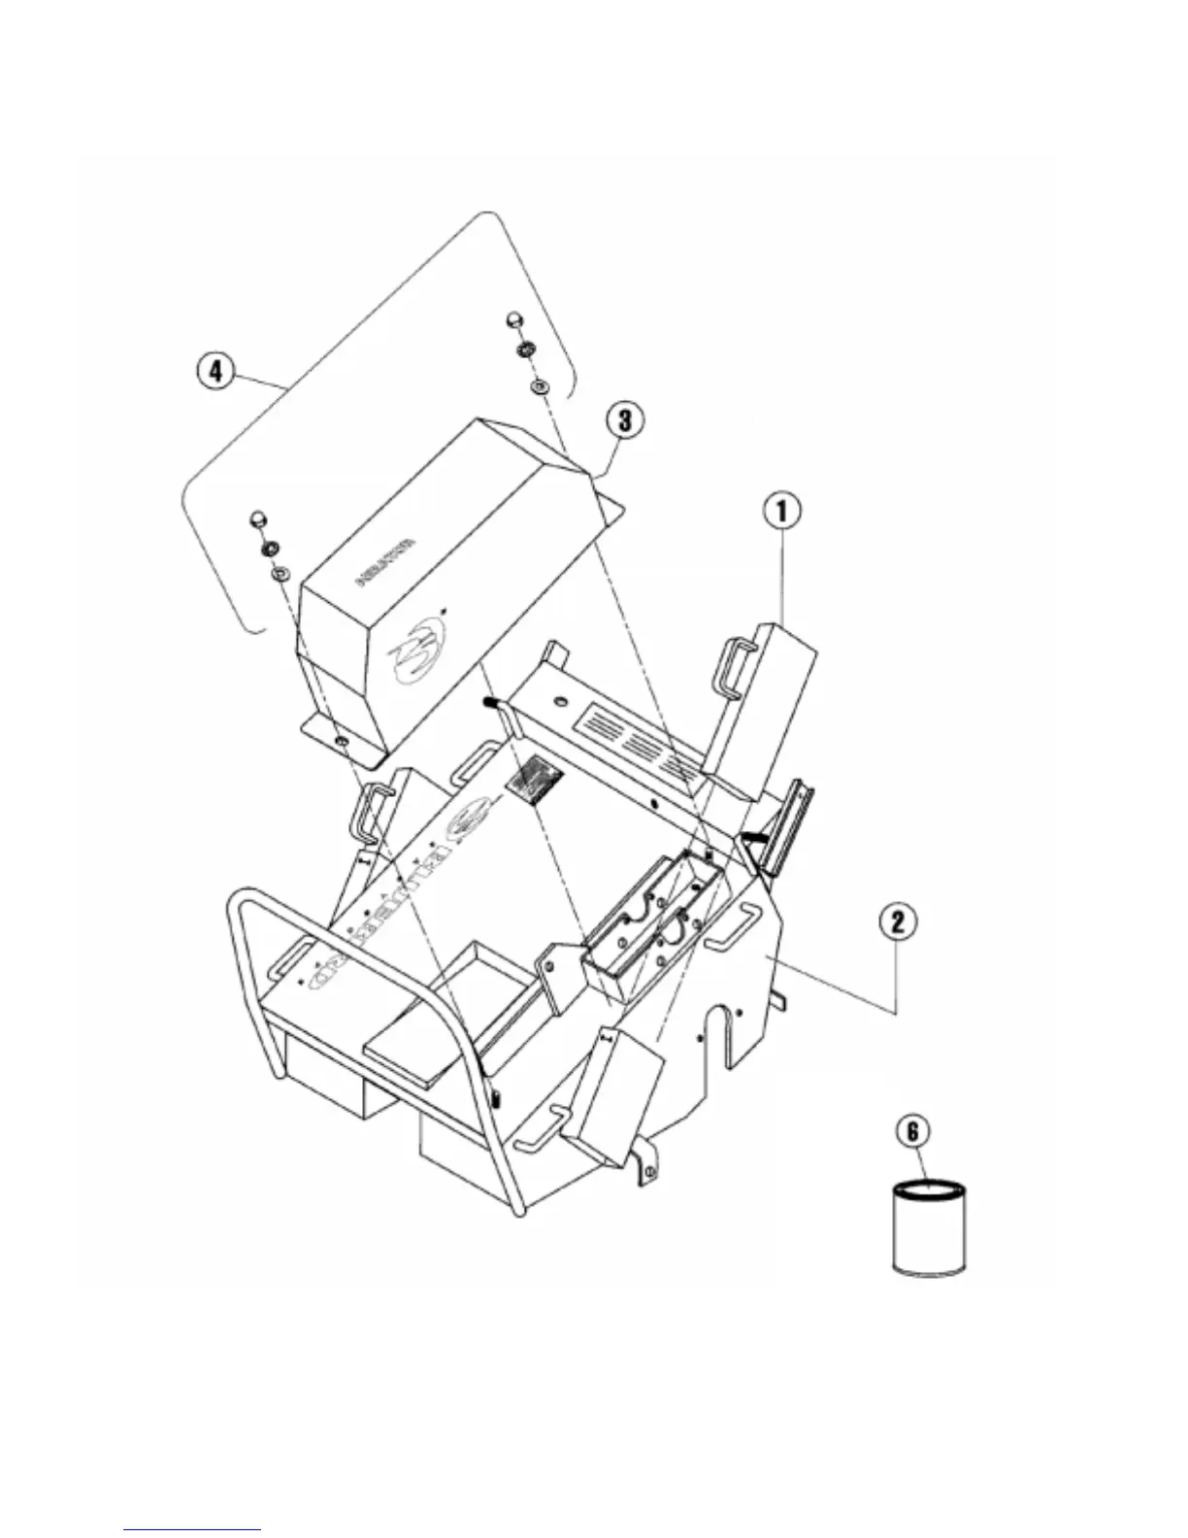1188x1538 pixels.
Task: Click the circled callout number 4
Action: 215,372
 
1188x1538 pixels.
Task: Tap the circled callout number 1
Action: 783,511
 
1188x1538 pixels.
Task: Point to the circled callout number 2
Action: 899,920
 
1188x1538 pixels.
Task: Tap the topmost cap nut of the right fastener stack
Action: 514,320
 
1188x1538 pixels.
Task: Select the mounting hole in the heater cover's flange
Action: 343,743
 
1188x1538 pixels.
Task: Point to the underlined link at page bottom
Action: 193,1530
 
